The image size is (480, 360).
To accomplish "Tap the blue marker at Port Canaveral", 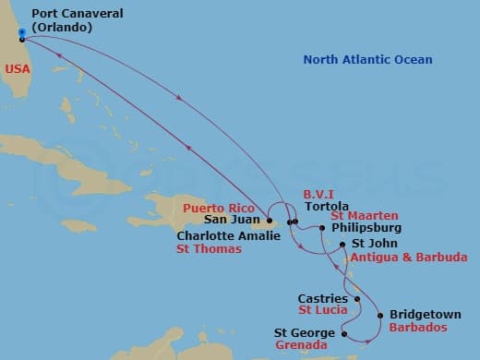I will tap(21, 32).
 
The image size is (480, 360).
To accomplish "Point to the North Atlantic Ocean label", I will tap(367, 60).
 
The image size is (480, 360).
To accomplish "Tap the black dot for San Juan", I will tap(270, 222).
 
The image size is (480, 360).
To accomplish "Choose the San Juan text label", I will tap(230, 222).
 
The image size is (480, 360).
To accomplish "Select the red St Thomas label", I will tap(209, 249).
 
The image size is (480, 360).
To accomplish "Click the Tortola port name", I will tap(326, 208).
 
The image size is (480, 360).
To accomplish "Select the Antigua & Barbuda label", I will tap(407, 258).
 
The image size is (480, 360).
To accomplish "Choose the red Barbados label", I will tap(418, 327).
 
